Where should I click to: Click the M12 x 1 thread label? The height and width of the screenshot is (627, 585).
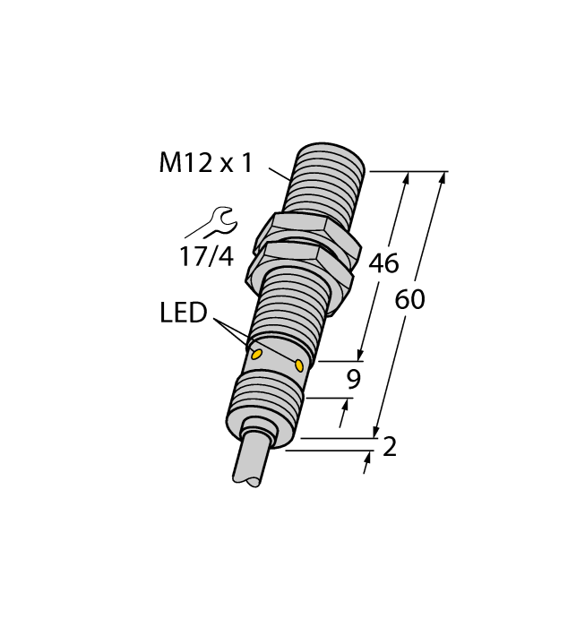(205, 163)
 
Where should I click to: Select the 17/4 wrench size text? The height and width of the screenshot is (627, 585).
(205, 257)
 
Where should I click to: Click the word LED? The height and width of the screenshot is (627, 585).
(183, 313)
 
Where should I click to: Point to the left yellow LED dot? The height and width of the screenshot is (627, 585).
(257, 355)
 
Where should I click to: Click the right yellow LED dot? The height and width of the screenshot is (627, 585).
(299, 364)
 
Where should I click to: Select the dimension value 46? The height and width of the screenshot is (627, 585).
(383, 264)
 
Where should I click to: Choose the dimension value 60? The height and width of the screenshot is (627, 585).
(409, 300)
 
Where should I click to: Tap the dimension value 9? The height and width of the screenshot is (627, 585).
(353, 380)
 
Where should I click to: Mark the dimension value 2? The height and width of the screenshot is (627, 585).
(389, 447)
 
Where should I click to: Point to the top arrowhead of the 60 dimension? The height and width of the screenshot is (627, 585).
(442, 178)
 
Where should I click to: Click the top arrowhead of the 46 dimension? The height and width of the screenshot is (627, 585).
(407, 178)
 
